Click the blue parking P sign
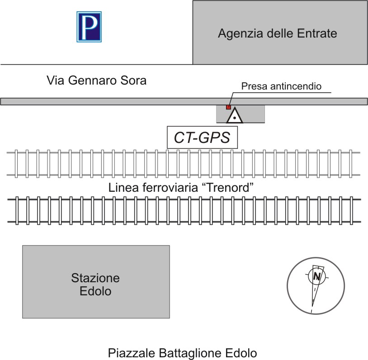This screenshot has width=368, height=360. (x=89, y=27)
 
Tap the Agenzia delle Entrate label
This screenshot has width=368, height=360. (x=278, y=33)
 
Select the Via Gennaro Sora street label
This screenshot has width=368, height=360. (x=96, y=81)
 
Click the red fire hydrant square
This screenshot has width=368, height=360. (x=228, y=107)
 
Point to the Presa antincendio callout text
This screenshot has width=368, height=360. (x=281, y=86)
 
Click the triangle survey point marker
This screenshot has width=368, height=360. (x=235, y=115)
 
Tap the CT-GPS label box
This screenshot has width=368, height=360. (x=202, y=137)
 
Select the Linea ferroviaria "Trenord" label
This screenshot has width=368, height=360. (x=181, y=188)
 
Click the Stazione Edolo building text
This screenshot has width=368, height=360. (x=95, y=284)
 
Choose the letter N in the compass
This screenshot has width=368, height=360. (x=317, y=277)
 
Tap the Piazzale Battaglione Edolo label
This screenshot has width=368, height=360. (x=182, y=353)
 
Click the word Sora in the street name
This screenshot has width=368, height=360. (x=133, y=81)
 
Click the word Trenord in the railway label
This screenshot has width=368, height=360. (x=228, y=188)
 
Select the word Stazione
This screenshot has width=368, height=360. (x=95, y=278)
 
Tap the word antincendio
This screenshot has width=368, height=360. (x=296, y=86)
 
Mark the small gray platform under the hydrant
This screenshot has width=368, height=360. (x=241, y=114)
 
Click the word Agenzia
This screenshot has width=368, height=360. (x=241, y=34)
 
